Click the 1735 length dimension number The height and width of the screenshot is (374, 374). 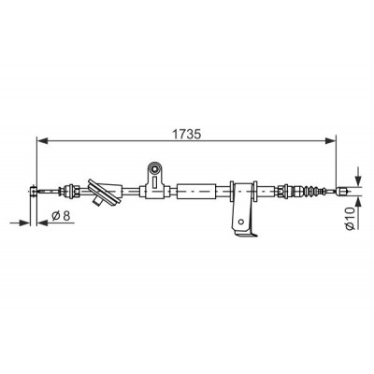[187, 134]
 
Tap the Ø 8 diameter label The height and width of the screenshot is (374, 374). [61, 215]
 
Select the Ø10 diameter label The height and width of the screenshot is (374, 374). [351, 218]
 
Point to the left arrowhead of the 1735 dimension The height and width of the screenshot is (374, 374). [42, 141]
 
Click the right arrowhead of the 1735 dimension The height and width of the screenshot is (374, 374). [331, 141]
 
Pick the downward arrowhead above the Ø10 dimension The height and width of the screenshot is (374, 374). [358, 180]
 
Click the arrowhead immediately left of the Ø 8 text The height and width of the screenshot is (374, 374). [42, 223]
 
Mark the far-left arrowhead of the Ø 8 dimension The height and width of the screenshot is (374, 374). [25, 223]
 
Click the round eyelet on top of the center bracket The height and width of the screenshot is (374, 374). [154, 169]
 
